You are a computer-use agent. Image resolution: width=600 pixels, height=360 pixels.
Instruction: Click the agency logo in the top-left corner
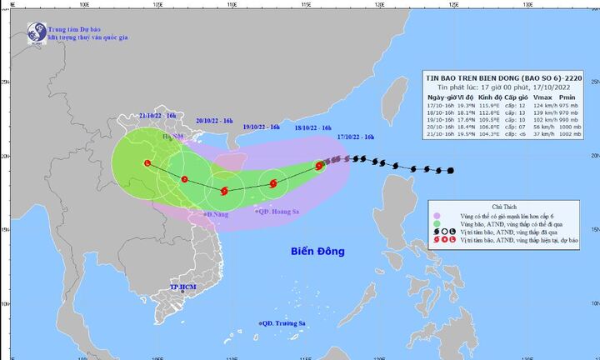point(35,32)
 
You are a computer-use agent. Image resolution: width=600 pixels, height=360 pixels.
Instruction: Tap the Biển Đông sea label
point(317,251)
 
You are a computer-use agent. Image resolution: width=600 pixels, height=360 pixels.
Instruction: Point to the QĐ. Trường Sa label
point(283,322)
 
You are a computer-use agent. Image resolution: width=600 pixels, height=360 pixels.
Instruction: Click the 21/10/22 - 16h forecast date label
point(157,113)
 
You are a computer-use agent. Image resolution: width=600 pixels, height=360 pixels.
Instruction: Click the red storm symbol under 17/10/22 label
point(319,166)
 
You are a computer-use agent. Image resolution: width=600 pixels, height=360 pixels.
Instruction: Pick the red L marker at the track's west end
point(147,163)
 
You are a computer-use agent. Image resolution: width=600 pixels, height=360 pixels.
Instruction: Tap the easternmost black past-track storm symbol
point(451,171)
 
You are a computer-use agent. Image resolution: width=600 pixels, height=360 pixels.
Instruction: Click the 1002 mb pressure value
point(577,135)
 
